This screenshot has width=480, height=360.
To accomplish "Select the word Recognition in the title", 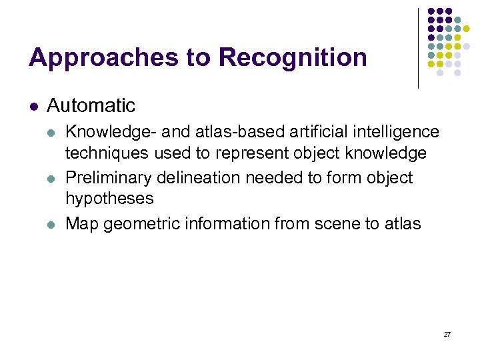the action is pos(293,58).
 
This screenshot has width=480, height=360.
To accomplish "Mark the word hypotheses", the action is pos(109,199).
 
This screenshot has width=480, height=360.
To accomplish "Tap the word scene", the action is pos(335,223).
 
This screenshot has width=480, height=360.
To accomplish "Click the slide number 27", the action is pos(447,333).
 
